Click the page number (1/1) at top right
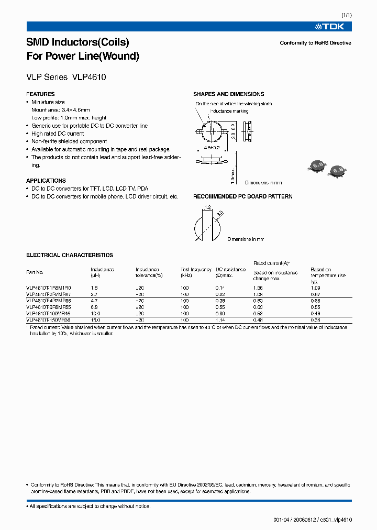click(x=346, y=15)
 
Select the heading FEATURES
click(x=40, y=94)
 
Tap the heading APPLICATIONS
click(x=46, y=181)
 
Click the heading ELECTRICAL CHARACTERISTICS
click(x=70, y=255)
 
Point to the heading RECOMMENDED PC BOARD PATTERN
click(x=243, y=196)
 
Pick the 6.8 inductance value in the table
click(x=94, y=307)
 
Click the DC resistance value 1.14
click(x=220, y=319)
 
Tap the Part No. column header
click(x=35, y=272)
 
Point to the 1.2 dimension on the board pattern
click(x=207, y=207)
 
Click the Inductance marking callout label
click(x=229, y=111)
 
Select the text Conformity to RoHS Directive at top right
click(x=315, y=43)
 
